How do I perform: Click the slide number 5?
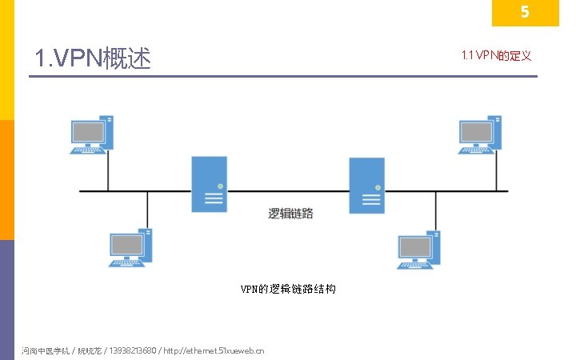525,13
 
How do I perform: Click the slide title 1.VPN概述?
93,58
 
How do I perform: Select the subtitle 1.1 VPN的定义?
496,55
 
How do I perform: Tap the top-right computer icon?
480,134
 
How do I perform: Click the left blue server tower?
208,184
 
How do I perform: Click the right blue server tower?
366,185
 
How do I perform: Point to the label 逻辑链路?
290,214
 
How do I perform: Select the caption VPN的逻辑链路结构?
288,289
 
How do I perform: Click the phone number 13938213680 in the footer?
133,350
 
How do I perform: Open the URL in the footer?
212,350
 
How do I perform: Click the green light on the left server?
220,186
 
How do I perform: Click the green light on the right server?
378,187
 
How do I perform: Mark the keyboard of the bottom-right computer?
414,264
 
